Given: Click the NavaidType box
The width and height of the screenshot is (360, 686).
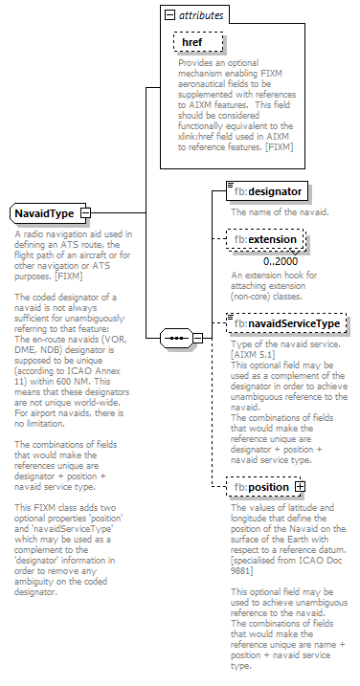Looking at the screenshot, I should coord(44,212).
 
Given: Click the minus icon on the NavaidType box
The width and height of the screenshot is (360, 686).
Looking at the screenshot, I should coord(85,212).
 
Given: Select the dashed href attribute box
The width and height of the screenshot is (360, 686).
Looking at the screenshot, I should coord(196,42).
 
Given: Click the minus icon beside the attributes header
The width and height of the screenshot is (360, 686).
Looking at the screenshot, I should coord(169,16).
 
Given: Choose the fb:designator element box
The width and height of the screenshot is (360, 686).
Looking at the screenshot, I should coord(255,191).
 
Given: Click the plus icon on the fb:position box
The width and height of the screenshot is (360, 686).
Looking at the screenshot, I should coord(300,487).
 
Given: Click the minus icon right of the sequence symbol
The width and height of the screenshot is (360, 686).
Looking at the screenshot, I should coord(198,338).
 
